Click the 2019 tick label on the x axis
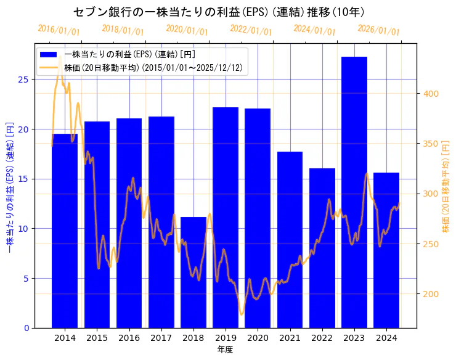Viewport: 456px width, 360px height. click(x=226, y=338)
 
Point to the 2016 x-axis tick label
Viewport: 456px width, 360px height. click(x=129, y=338)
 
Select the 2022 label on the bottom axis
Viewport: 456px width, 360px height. click(x=322, y=338)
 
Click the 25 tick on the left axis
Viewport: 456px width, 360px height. click(x=23, y=80)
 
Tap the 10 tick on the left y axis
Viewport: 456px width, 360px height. click(x=23, y=229)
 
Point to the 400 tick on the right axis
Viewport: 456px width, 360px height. click(x=430, y=94)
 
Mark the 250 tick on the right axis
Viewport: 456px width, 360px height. click(x=430, y=244)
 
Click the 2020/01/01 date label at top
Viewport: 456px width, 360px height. click(x=187, y=30)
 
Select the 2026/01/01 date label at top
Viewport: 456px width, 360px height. click(x=379, y=30)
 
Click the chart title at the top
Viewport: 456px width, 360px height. click(x=219, y=12)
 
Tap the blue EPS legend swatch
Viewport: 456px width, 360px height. click(x=49, y=55)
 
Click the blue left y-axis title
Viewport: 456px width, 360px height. click(x=9, y=185)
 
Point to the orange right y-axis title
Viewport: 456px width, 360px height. click(x=446, y=185)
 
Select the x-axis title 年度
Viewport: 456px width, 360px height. click(x=225, y=350)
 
